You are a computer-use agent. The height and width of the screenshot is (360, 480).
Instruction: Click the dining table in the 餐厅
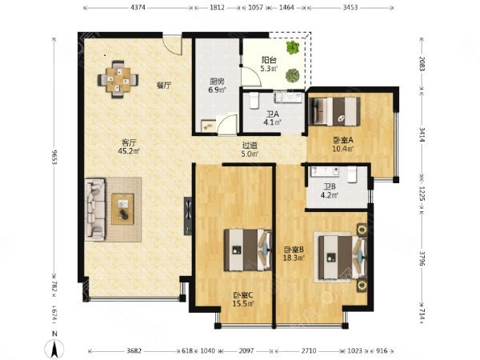click(x=118, y=79)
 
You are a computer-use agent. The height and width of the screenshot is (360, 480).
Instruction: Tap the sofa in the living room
click(x=95, y=210)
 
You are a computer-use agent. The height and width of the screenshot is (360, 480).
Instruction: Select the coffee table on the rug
click(x=122, y=209)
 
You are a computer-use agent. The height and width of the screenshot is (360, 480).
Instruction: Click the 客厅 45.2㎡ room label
click(x=129, y=146)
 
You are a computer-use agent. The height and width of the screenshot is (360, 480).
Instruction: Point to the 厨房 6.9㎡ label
click(x=217, y=86)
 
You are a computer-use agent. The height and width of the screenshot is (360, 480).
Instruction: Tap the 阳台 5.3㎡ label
click(x=269, y=64)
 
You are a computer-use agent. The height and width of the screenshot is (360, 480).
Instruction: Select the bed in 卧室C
click(x=248, y=250)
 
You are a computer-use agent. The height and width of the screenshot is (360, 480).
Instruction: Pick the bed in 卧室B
click(x=342, y=257)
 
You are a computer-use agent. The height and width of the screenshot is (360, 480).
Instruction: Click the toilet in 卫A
click(x=254, y=100)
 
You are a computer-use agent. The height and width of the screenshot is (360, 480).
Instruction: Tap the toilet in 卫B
click(x=352, y=174)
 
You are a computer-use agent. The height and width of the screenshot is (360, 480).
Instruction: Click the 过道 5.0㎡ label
click(x=250, y=150)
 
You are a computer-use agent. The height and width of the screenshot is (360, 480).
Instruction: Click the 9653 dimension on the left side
click(x=54, y=157)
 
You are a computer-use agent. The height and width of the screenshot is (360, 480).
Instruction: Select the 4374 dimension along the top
click(x=138, y=7)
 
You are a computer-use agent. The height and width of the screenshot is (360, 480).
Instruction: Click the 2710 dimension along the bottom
click(x=308, y=351)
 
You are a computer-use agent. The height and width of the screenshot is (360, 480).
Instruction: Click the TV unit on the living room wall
click(x=188, y=216)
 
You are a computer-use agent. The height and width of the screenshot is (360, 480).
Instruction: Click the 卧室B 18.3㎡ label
click(x=294, y=254)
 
